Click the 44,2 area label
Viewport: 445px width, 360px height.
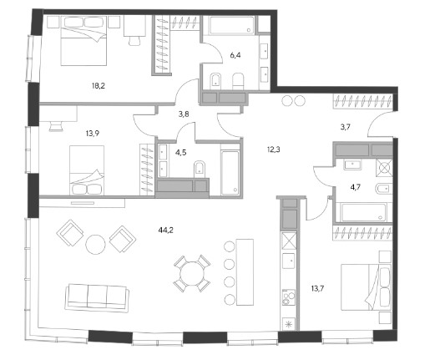point(166,230)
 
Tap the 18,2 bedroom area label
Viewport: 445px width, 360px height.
point(99,85)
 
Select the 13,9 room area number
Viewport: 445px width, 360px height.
point(93,133)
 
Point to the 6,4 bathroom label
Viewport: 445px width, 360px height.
point(235,55)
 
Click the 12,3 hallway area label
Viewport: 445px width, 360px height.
point(274,150)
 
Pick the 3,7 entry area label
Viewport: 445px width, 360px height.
point(345,127)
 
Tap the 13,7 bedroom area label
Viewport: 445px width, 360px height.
point(317,289)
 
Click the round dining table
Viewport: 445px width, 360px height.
point(192,274)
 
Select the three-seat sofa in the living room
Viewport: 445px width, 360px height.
point(97,298)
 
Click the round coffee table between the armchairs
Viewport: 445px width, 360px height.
point(96,244)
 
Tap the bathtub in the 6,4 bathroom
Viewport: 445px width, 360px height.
point(232,25)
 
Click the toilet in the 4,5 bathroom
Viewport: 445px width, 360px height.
point(200,170)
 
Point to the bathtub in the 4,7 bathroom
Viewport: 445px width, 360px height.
point(364,212)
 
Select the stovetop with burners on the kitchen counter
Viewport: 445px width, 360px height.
point(289,297)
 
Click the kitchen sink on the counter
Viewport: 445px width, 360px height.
point(289,261)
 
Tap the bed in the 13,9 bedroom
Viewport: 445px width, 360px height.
point(87,170)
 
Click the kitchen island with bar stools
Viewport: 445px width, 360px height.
point(245,272)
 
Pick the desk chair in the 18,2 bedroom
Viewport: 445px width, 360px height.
point(134,40)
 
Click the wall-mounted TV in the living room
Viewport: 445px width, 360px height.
point(83,203)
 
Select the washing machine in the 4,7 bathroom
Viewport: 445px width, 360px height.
point(384,168)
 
